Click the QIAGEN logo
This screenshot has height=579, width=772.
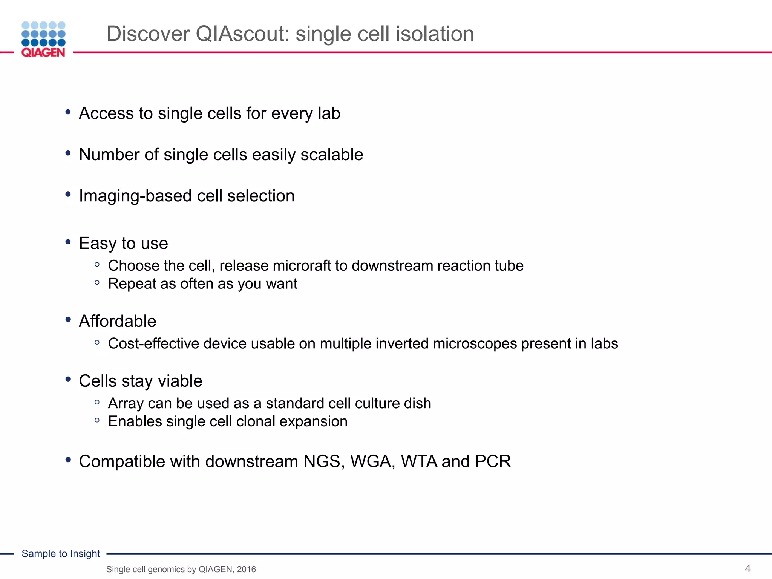43,39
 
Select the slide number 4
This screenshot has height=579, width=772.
747,568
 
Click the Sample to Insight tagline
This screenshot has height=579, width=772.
61,553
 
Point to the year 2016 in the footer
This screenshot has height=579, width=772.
246,569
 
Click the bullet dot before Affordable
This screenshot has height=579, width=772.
68,320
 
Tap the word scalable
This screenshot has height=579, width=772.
332,155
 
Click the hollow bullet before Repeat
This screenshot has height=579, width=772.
97,282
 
